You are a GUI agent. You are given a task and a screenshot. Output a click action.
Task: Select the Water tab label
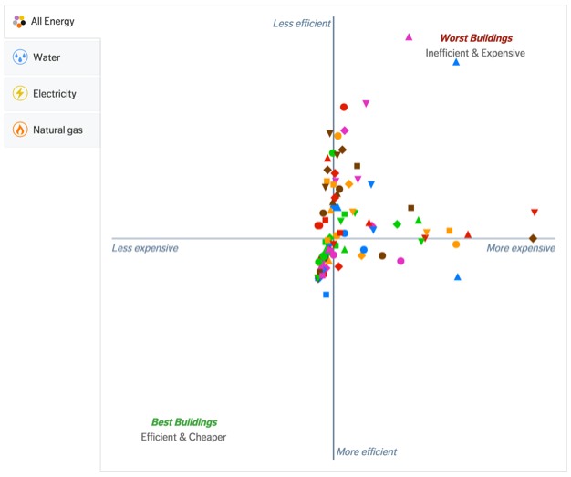pos(47,57)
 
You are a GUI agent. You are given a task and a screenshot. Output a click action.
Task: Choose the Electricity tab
pos(55,94)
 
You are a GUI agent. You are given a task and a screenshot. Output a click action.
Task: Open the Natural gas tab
pos(57,130)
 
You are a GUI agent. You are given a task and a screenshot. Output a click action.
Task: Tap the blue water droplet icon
pos(20,57)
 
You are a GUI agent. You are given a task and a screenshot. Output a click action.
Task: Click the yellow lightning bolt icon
pos(20,94)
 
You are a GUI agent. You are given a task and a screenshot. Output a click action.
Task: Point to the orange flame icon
pos(20,130)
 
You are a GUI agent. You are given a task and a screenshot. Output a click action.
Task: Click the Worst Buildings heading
pos(476,38)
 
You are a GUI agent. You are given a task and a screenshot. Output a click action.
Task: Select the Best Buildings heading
pos(184,422)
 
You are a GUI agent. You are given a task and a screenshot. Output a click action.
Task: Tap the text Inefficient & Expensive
pos(475,53)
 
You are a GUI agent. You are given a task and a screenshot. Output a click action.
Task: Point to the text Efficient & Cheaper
pos(183,437)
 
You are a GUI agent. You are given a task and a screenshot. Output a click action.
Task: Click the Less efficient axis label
pos(302,23)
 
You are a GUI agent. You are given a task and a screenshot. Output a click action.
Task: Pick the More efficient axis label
pos(367,451)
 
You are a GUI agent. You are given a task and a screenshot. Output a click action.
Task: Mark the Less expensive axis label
pos(145,248)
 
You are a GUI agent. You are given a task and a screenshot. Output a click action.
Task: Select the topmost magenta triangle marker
pos(409,37)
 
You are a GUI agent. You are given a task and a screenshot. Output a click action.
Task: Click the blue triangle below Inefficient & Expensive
pos(456,62)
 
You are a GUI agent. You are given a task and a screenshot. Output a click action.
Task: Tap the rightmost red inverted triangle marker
pos(535,213)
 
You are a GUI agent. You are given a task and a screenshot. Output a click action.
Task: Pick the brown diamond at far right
pos(533,239)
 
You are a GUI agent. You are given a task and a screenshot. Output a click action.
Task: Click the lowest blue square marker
pos(326,295)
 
